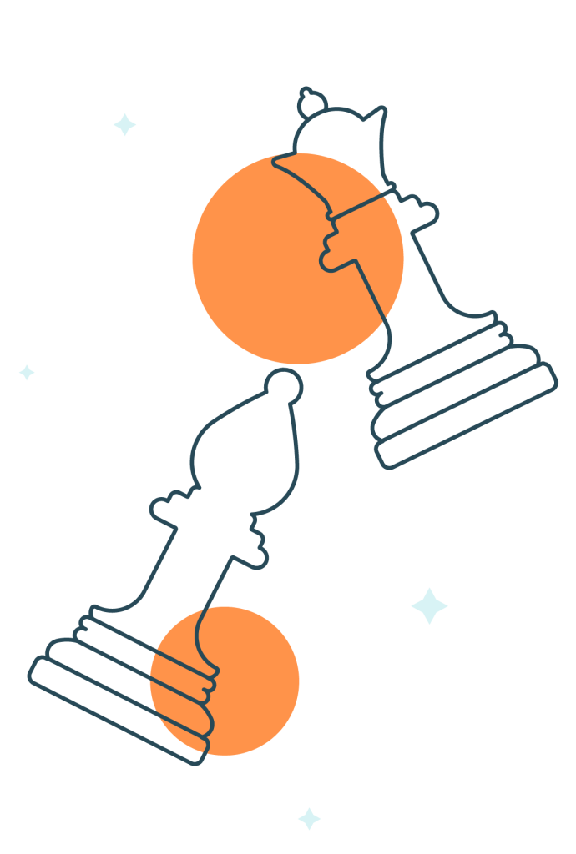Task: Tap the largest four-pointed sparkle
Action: pos(429,605)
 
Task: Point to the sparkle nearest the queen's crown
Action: pos(124,124)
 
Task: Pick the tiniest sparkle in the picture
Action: pos(27,372)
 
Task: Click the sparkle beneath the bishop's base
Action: pos(309,818)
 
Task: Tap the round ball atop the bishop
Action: pos(284,384)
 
